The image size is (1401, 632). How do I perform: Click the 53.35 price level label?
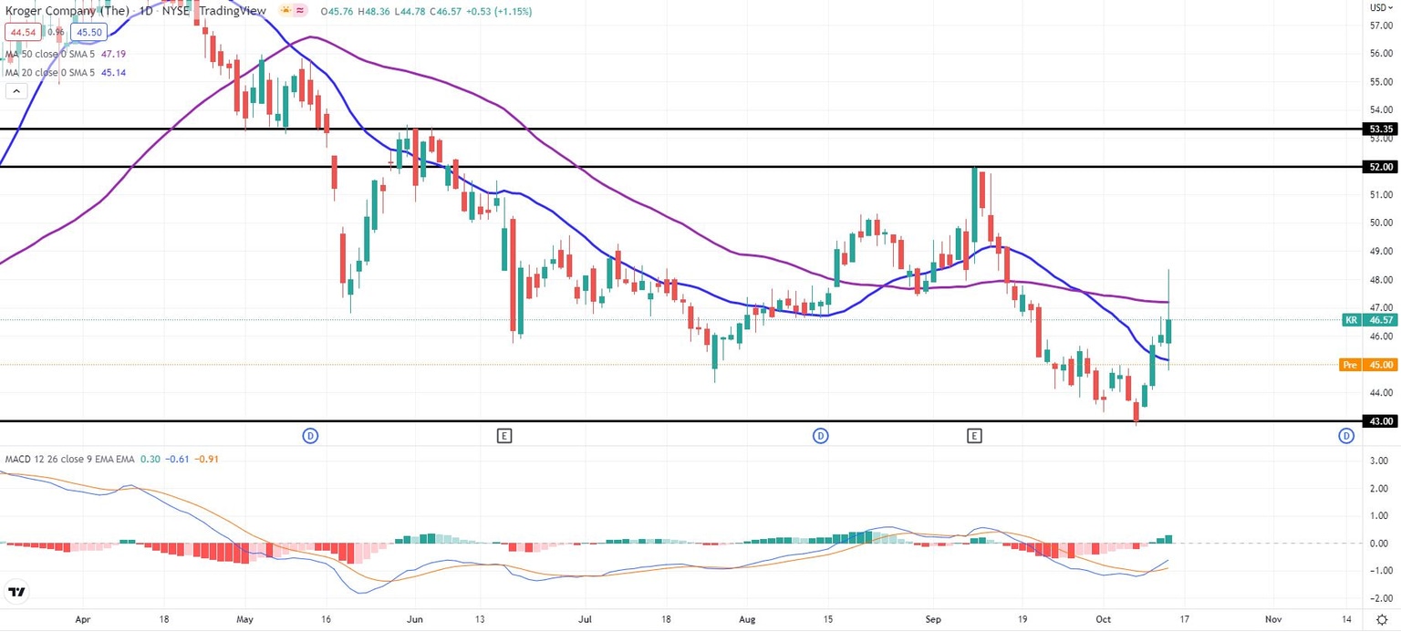[1378, 130]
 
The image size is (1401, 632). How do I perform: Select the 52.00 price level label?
[1378, 167]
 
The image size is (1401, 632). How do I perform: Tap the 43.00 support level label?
[1378, 421]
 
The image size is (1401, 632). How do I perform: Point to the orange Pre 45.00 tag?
[1368, 365]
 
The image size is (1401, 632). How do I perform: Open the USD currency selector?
[1380, 6]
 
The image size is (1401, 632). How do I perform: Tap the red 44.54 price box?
[22, 32]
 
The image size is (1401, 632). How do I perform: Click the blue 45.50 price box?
[90, 32]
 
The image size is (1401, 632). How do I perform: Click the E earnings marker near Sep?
[975, 436]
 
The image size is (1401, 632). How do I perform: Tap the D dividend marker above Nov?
[1346, 436]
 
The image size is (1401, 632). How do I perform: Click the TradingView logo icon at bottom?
[16, 592]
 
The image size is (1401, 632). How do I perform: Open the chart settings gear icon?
[1382, 619]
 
